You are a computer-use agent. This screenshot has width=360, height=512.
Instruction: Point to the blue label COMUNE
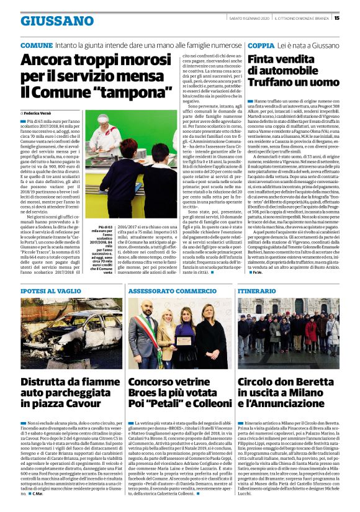[x=37, y=46]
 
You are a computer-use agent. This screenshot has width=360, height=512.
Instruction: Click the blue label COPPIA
[x=262, y=46]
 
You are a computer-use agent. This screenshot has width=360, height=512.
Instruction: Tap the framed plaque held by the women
[x=184, y=339]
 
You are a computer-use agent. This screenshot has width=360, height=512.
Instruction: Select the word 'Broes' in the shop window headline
[x=146, y=395]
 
